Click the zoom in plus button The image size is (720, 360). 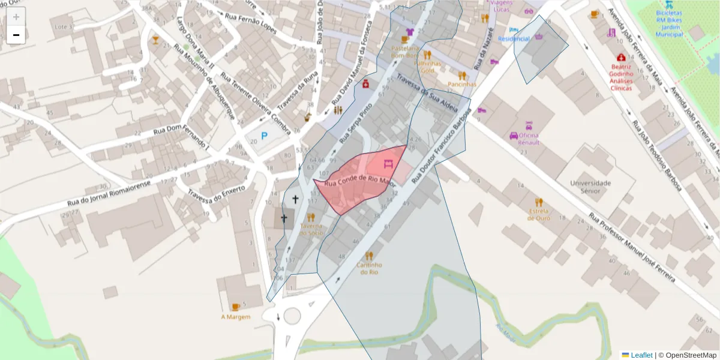[x=16, y=17]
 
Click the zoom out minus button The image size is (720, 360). [x=16, y=35]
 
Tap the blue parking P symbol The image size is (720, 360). [x=263, y=137]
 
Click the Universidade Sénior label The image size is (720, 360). [x=590, y=187]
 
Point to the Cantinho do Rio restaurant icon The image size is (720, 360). [x=368, y=256]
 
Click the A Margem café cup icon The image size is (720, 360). [x=236, y=307]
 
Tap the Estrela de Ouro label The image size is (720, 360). [x=539, y=214]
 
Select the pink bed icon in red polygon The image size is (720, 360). [x=388, y=163]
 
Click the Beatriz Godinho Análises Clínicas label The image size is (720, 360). [x=621, y=77]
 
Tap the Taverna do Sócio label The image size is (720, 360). [x=311, y=229]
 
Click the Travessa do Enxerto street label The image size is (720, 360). [x=216, y=194]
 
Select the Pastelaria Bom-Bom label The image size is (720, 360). [x=404, y=51]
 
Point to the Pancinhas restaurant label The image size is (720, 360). [x=461, y=85]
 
